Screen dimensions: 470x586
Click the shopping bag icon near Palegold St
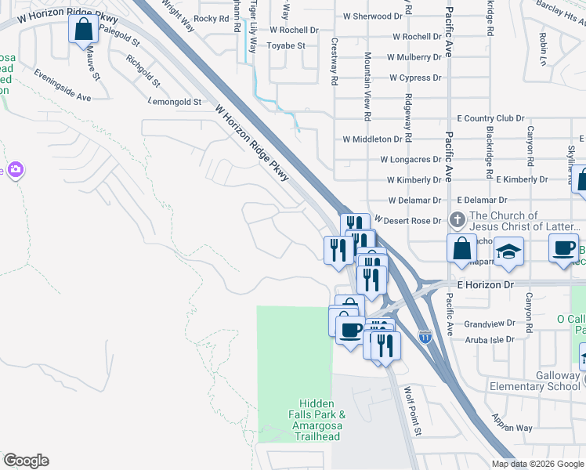pyautogui.click(x=84, y=31)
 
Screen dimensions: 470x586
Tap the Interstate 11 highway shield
pyautogui.click(x=425, y=337)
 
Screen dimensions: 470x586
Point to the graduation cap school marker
pyautogui.click(x=509, y=251)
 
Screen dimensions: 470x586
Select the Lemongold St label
pyautogui.click(x=175, y=103)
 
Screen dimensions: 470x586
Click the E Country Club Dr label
pyautogui.click(x=490, y=118)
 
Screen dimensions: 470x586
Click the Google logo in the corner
pyautogui.click(x=26, y=461)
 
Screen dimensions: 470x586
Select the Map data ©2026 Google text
pyautogui.click(x=537, y=464)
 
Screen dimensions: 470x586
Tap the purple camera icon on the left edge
pyautogui.click(x=16, y=170)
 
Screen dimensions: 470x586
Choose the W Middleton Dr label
pyautogui.click(x=372, y=139)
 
